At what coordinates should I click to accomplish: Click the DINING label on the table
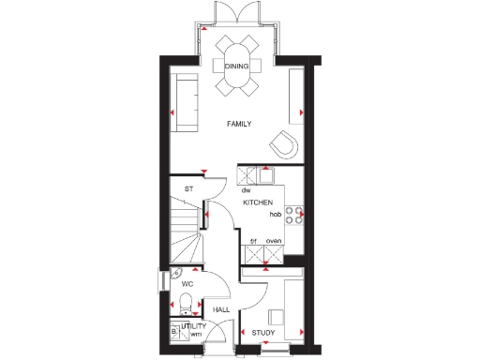238,66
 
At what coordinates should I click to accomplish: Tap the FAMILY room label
240,124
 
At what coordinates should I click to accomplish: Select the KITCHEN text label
258,202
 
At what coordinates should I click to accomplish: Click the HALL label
221,308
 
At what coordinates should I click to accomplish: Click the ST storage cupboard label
188,188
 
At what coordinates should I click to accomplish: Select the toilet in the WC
186,303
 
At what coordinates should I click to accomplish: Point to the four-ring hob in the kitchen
293,215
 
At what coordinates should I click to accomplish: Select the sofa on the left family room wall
186,101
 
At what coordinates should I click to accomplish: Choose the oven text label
274,242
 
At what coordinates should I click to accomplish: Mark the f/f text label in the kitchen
253,242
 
